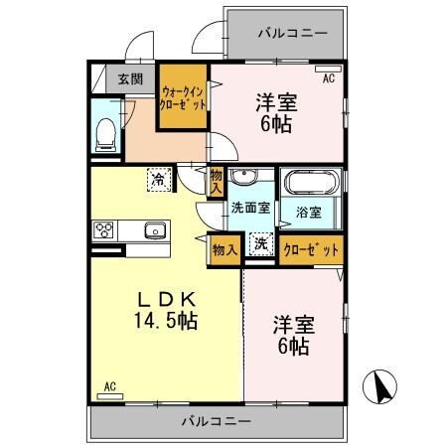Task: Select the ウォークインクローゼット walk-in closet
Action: tap(184, 97)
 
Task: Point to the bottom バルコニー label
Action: tap(216, 420)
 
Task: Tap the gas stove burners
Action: tap(105, 230)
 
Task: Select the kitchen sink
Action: tap(154, 231)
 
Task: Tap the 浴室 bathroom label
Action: tap(308, 212)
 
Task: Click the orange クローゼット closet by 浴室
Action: tap(311, 249)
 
